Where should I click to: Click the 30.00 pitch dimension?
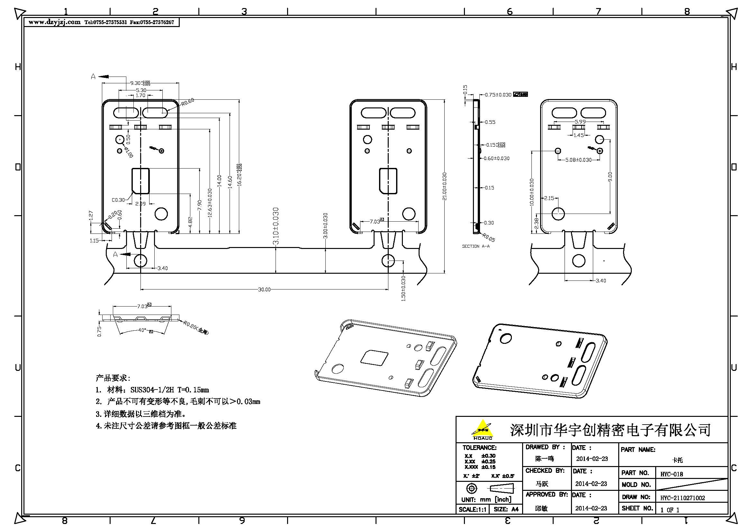pos(264,289)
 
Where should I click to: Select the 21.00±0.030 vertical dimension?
pos(444,186)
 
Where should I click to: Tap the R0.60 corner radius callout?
pos(188,102)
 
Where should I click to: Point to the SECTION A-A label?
pos(476,246)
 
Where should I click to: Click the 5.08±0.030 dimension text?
pos(578,160)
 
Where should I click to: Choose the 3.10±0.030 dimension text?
pos(276,226)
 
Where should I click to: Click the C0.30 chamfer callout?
pos(118,200)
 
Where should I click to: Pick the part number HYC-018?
pos(672,474)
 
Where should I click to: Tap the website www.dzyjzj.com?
pos(54,22)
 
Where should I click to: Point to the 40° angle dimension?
pos(142,330)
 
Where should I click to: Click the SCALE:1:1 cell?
pos(472,509)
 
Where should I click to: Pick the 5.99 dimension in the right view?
pos(580,122)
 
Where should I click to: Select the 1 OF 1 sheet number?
pos(670,510)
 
